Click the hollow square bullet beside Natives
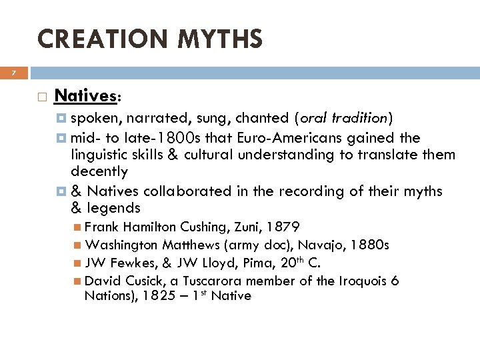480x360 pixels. [41, 97]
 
